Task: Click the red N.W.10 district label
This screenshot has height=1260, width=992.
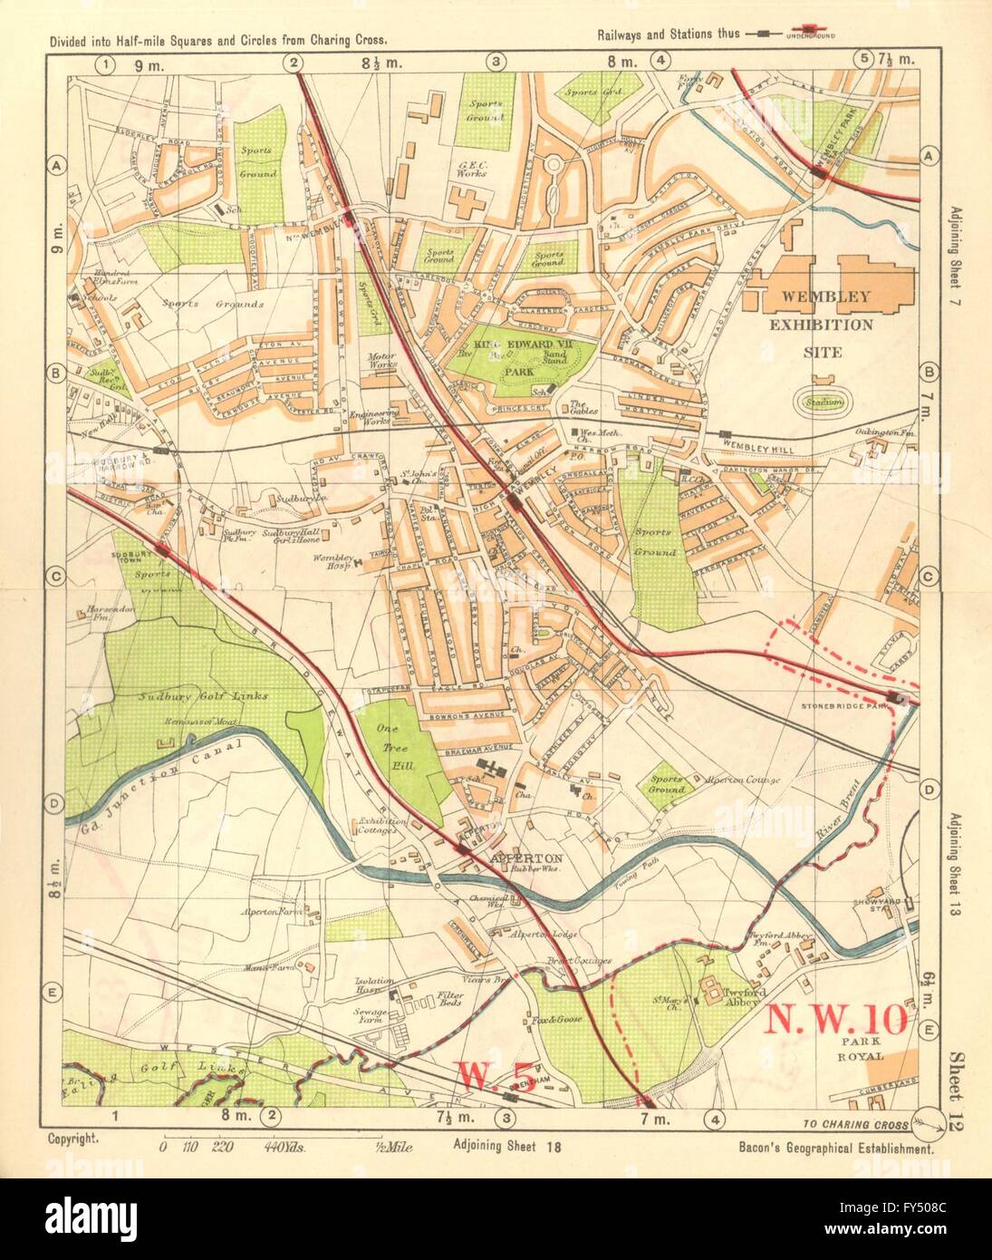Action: [x=836, y=1021]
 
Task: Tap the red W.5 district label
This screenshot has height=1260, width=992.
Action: [x=486, y=1075]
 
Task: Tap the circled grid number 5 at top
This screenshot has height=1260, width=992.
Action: [x=863, y=62]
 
